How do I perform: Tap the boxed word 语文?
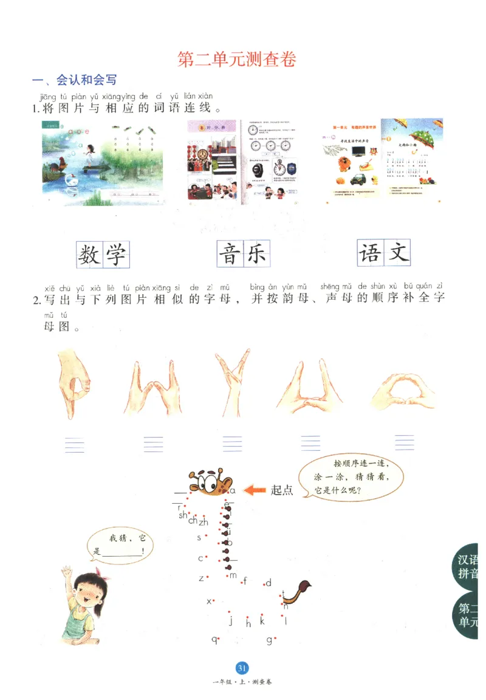pyautogui.click(x=383, y=253)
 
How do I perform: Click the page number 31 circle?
pyautogui.click(x=242, y=668)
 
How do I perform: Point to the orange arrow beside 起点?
pyautogui.click(x=256, y=489)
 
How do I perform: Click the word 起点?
pyautogui.click(x=282, y=490)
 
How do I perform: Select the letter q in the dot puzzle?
pyautogui.click(x=214, y=639)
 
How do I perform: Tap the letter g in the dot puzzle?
pyautogui.click(x=269, y=640)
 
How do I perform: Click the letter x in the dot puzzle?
pyautogui.click(x=208, y=601)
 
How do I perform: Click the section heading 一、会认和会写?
pyautogui.click(x=74, y=80)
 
